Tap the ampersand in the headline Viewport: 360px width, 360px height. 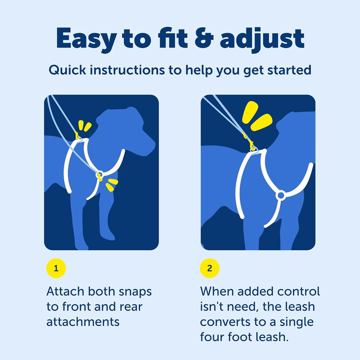click(204, 38)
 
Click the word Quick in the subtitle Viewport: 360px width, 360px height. click(67, 70)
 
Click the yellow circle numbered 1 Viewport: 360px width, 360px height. click(56, 268)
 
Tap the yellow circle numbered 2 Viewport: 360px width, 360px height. click(209, 268)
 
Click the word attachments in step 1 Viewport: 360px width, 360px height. click(83, 322)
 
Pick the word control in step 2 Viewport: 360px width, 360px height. click(298, 291)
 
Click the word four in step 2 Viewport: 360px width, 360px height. click(212, 337)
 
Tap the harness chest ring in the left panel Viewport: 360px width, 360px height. click(100, 175)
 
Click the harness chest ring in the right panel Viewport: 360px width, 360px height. click(281, 195)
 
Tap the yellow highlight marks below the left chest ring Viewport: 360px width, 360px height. click(112, 185)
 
